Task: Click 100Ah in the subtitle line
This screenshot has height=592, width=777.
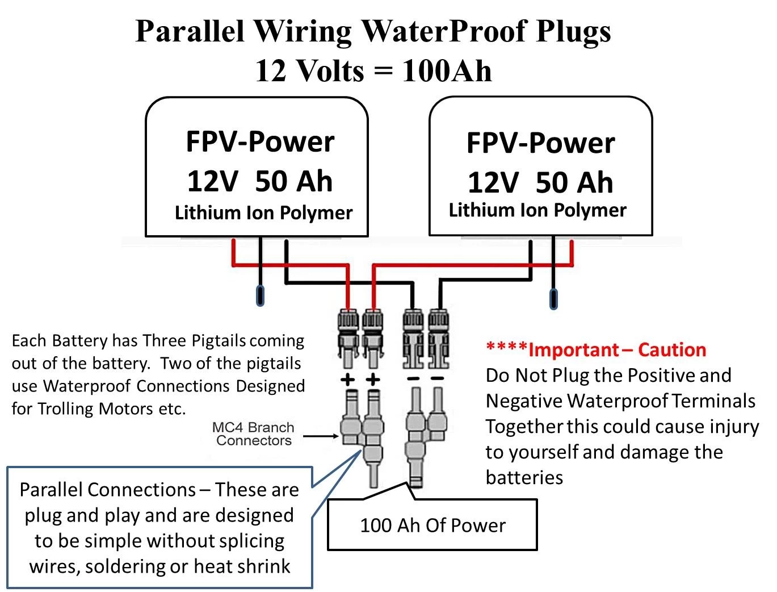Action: pyautogui.click(x=447, y=71)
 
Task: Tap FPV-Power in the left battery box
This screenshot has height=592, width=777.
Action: pyautogui.click(x=260, y=141)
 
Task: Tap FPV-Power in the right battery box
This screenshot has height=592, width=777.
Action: pyautogui.click(x=540, y=143)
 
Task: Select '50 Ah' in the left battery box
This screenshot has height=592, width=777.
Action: pyautogui.click(x=293, y=181)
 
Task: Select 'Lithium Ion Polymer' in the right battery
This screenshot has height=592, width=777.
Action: pyautogui.click(x=537, y=210)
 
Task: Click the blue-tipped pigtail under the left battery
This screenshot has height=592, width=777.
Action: pyautogui.click(x=261, y=295)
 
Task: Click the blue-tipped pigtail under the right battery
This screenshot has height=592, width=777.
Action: pyautogui.click(x=553, y=299)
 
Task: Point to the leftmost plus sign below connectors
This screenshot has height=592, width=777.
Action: pyautogui.click(x=348, y=380)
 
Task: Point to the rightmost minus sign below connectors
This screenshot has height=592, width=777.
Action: pyautogui.click(x=437, y=380)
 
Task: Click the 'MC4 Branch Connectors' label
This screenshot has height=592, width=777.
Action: pyautogui.click(x=253, y=434)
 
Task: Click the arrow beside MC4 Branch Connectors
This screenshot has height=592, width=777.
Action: pyautogui.click(x=321, y=436)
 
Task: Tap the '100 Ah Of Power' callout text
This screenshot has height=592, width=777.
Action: pyautogui.click(x=432, y=525)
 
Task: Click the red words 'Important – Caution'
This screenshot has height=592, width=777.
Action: pyautogui.click(x=617, y=349)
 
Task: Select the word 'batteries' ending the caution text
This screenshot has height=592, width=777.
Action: pyautogui.click(x=524, y=477)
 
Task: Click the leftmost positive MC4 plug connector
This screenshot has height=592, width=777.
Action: pyautogui.click(x=347, y=335)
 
